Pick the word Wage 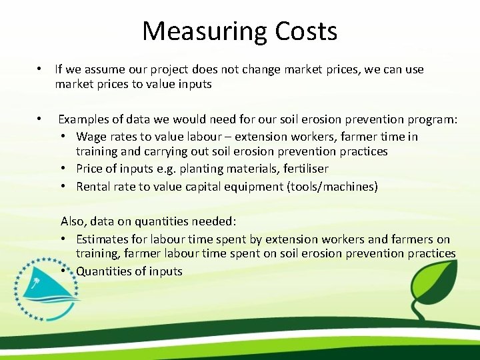91,137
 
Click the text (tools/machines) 331,187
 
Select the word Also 73,221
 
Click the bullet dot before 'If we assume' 40,69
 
